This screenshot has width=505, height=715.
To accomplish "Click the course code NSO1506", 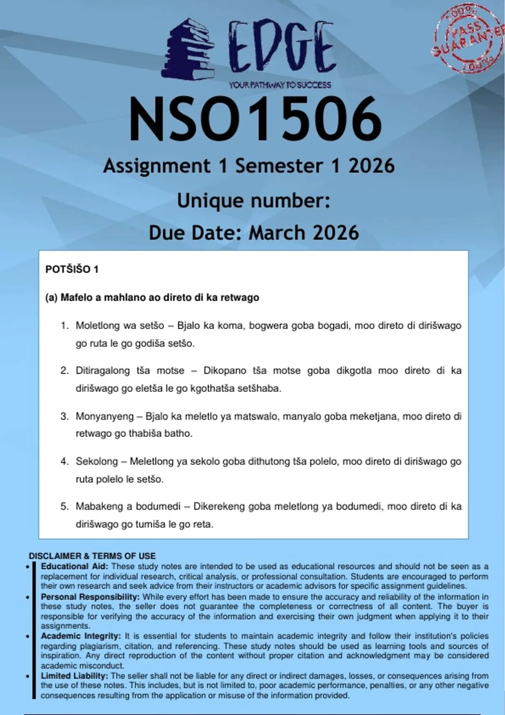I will pos(255,119).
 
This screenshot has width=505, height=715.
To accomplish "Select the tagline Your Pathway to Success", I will pos(280,85).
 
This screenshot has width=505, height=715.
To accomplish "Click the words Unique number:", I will pos(253,201).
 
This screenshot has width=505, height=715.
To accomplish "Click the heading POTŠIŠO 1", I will pos(72,270).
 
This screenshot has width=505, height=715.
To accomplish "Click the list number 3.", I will pos(64,416).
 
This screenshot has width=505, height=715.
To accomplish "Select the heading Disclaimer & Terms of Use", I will pos(92,556).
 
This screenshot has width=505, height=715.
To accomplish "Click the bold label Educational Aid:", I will pos(74,567).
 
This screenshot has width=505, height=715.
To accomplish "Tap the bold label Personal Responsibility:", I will pos(90,597).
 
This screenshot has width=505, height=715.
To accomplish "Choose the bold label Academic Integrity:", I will pos(80,636).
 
